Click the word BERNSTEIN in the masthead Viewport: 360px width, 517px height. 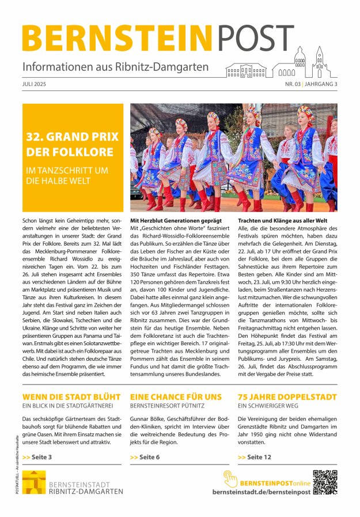click(118, 38)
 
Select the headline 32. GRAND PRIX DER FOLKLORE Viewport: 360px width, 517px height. click(73, 144)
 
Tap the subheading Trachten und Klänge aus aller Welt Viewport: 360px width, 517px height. click(283, 221)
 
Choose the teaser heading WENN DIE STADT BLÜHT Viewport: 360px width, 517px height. click(71, 397)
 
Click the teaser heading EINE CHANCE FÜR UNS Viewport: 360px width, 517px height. click(176, 397)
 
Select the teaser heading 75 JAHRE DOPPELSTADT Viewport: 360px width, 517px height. click(287, 397)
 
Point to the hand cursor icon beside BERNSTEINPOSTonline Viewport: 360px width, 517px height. click(230, 478)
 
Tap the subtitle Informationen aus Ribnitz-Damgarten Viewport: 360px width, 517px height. click(116, 67)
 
